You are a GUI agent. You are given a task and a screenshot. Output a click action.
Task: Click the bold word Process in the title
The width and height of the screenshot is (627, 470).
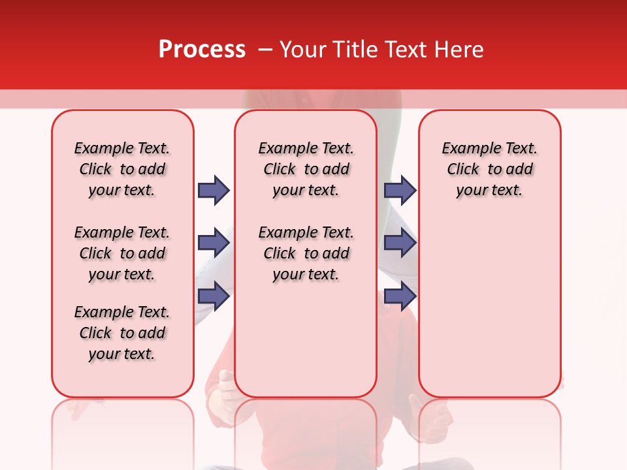(x=202, y=50)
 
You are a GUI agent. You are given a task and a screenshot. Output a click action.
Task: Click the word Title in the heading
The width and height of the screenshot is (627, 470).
(x=357, y=50)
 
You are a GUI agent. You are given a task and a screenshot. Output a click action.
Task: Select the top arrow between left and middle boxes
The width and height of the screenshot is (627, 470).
(x=214, y=190)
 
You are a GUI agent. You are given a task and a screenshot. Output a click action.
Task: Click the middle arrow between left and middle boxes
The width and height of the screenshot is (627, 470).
(x=214, y=243)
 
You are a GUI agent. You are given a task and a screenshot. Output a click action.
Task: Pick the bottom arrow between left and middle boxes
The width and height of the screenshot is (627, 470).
(x=214, y=296)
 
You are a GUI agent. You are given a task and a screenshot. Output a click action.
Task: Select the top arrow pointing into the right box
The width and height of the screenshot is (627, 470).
(x=400, y=190)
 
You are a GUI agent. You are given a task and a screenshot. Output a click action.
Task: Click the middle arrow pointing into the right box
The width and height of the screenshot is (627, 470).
(x=400, y=243)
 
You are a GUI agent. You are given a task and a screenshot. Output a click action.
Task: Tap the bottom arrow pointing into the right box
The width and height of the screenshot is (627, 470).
(x=400, y=296)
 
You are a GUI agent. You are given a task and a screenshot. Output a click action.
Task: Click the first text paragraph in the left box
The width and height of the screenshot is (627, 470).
(x=122, y=169)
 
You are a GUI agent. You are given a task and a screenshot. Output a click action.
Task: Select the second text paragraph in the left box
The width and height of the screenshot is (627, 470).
(x=122, y=253)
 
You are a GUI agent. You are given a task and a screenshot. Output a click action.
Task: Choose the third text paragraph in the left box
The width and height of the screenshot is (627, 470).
(x=122, y=333)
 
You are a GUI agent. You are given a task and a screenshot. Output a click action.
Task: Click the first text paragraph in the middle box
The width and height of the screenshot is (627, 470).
(x=306, y=169)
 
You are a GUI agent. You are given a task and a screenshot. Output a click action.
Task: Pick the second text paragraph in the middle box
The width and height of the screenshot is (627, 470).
(x=306, y=253)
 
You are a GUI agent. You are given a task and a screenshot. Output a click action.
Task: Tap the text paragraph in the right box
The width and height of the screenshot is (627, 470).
(x=490, y=169)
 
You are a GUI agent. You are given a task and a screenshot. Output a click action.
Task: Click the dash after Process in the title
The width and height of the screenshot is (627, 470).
(x=264, y=50)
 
